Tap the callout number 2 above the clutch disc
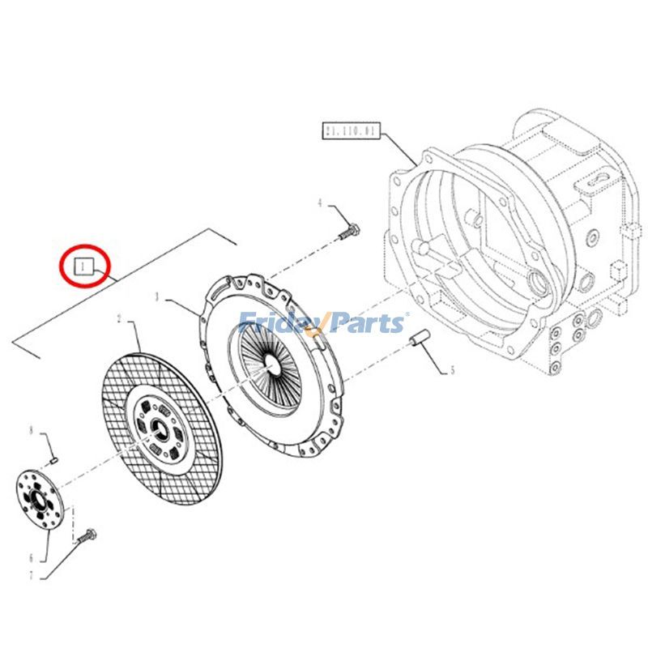click(x=119, y=321)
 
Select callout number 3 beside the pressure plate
click(x=159, y=298)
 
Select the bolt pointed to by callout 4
click(x=347, y=232)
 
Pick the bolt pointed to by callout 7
click(x=88, y=535)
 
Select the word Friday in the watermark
click(x=279, y=324)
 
